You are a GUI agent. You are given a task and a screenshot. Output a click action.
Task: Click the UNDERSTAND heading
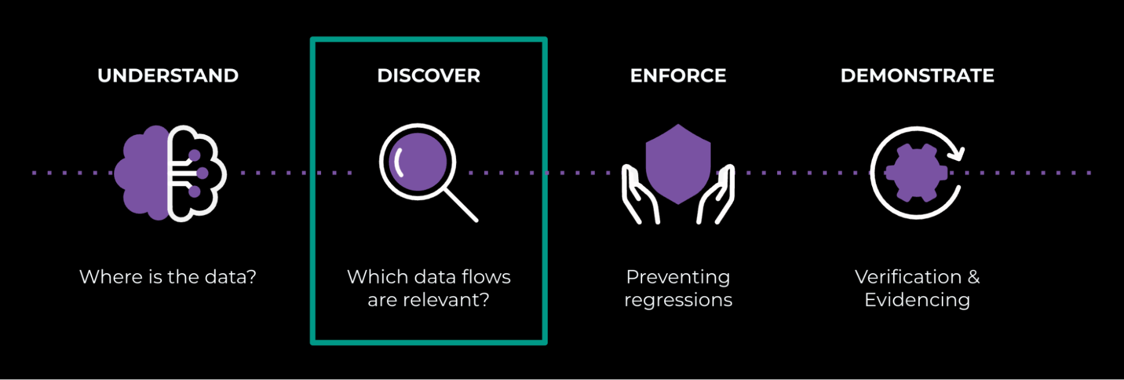click(168, 76)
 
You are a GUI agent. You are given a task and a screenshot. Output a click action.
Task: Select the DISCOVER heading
click(428, 76)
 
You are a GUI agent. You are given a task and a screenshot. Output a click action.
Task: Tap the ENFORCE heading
click(678, 76)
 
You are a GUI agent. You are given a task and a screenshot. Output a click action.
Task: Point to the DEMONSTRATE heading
click(917, 76)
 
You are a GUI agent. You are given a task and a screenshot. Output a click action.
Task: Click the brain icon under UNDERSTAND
click(170, 173)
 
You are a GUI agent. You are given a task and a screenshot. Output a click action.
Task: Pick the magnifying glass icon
click(418, 162)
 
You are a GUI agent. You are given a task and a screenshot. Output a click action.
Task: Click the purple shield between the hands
click(678, 163)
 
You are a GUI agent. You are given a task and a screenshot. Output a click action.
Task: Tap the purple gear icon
click(916, 173)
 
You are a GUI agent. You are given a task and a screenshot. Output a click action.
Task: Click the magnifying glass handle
click(461, 205)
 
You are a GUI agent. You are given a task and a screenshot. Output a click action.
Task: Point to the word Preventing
click(678, 277)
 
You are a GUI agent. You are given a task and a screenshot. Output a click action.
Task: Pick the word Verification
click(908, 277)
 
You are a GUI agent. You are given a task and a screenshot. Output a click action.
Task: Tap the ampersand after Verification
click(974, 277)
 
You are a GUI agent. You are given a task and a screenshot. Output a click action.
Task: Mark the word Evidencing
click(917, 300)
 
